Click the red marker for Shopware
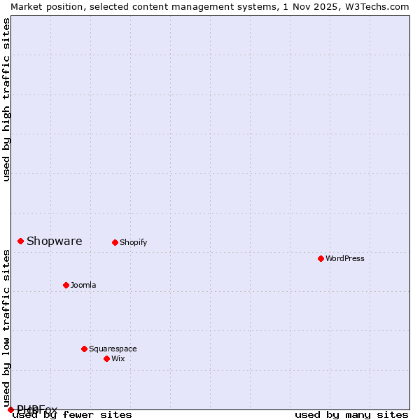tap(21, 241)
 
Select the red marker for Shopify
tap(115, 243)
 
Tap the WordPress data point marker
tap(321, 259)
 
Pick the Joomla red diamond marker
tap(66, 285)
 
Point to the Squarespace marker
tap(84, 349)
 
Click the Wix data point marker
tap(106, 358)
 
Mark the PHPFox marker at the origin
tap(10, 409)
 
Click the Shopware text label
tap(55, 241)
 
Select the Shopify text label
tap(134, 243)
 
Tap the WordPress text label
tap(345, 259)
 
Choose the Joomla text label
tap(83, 286)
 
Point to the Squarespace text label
tap(113, 349)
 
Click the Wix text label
tap(118, 359)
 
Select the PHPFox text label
tap(38, 409)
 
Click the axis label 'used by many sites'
tap(351, 415)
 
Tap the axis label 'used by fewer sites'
tap(73, 415)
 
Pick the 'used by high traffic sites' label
tap(7, 99)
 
